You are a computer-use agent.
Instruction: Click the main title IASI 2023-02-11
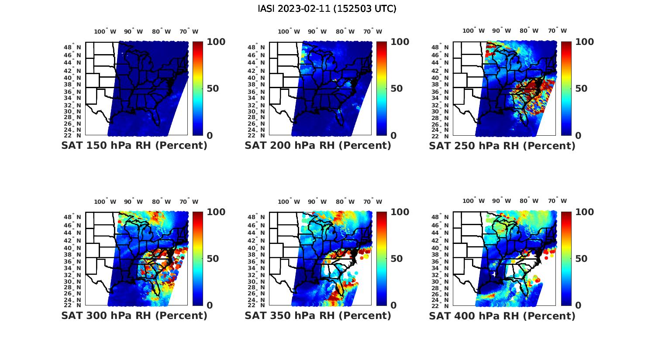click(327, 9)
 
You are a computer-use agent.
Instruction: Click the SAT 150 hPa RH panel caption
click(134, 146)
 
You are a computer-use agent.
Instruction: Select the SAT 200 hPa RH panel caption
click(318, 146)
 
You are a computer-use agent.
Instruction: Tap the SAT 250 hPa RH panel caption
click(502, 146)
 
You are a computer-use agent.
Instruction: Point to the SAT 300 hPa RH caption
click(134, 315)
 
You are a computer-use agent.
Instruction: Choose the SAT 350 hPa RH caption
click(318, 315)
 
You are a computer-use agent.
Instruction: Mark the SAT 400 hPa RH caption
click(502, 315)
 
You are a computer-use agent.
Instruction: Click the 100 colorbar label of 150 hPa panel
click(216, 42)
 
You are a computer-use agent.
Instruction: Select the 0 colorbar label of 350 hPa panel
click(393, 305)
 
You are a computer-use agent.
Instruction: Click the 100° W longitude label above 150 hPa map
click(105, 31)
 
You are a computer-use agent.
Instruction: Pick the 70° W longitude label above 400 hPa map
click(557, 201)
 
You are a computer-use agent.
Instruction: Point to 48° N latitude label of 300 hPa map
click(76, 217)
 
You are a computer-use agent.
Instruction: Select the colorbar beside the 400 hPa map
click(566, 258)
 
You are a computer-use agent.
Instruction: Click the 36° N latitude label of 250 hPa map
click(444, 92)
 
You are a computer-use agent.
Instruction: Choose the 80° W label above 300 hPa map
click(161, 202)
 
